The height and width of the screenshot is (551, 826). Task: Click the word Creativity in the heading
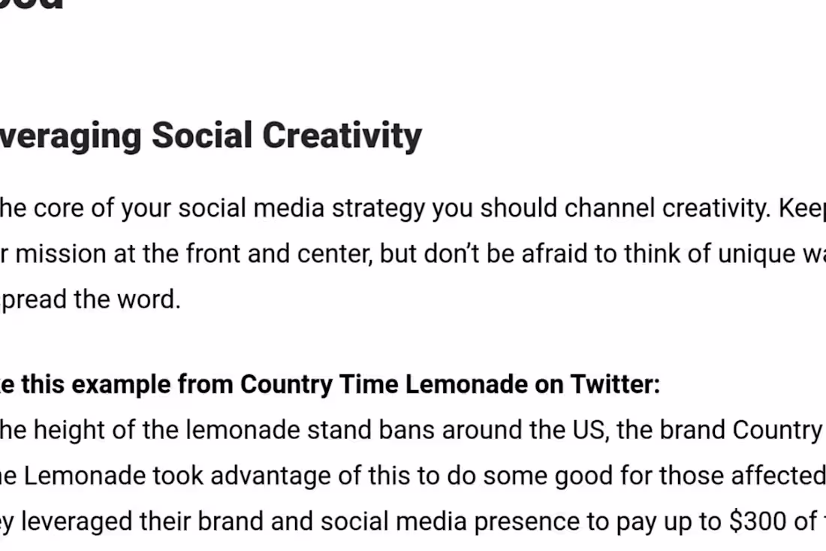point(342,136)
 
